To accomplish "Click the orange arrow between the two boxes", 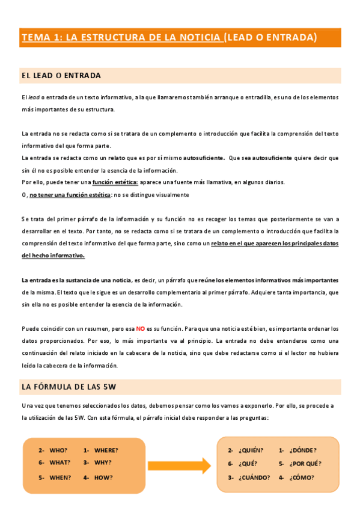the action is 179,465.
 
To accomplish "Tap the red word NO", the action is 140,329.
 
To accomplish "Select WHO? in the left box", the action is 58,450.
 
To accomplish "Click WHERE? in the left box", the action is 106,450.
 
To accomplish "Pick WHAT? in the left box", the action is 59,462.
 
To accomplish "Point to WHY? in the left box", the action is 103,462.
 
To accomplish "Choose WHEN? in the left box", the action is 59,478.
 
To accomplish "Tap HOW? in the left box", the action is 103,478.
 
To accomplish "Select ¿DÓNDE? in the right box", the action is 303,450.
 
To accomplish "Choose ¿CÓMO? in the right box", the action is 302,478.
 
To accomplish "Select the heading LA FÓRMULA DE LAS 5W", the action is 72,387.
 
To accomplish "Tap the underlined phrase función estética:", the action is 115,182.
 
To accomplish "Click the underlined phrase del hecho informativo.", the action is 53,256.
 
